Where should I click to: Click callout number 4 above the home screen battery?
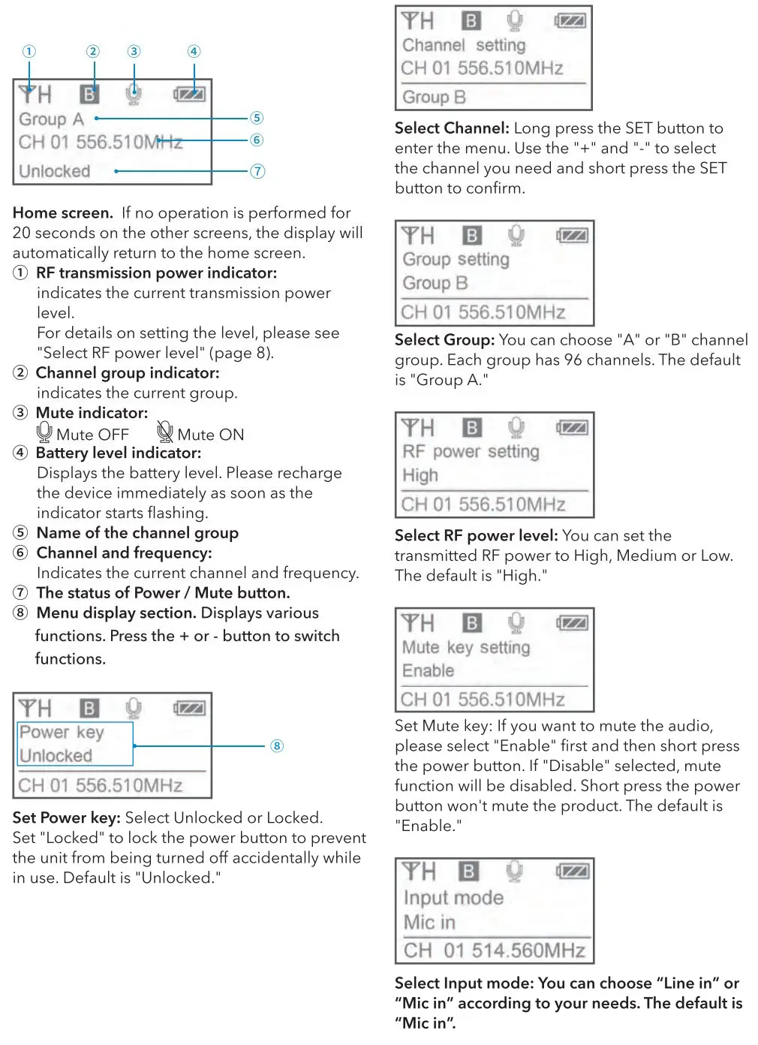pos(194,51)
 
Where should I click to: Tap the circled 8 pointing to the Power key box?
pos(277,745)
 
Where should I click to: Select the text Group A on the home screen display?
pos(51,119)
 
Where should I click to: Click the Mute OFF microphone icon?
pos(44,432)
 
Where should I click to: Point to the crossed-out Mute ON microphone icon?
pos(164,432)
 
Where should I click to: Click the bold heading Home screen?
pos(62,213)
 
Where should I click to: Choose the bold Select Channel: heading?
pos(452,128)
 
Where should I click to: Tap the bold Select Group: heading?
pos(444,340)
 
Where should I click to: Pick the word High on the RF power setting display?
pos(420,475)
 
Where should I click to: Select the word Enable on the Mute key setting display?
pos(429,670)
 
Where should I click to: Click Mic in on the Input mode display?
pos(429,922)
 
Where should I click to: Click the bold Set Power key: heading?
pos(66,818)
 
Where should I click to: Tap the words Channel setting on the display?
pos(464,45)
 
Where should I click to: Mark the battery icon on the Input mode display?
pos(572,872)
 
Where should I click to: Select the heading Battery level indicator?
pos(119,453)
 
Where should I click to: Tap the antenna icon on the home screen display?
pos(28,94)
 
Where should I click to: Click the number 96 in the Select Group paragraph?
pos(573,360)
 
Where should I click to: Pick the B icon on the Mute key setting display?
pos(471,622)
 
